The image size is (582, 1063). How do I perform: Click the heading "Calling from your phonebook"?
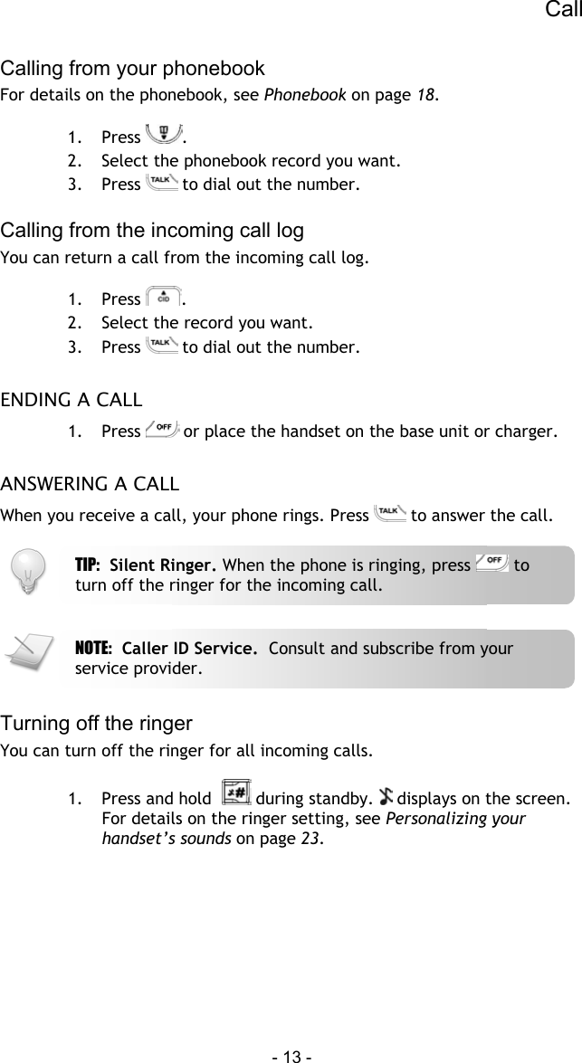[133, 69]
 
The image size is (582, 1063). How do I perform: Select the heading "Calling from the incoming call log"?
[152, 230]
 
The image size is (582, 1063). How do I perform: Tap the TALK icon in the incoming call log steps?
[161, 346]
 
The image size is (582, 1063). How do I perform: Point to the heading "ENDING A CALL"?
[70, 399]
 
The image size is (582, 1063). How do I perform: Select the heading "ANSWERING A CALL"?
[90, 479]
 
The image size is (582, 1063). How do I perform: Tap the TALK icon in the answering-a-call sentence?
[391, 516]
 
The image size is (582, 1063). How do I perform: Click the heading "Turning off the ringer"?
[97, 723]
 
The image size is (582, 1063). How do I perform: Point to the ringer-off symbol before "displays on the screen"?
[387, 797]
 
